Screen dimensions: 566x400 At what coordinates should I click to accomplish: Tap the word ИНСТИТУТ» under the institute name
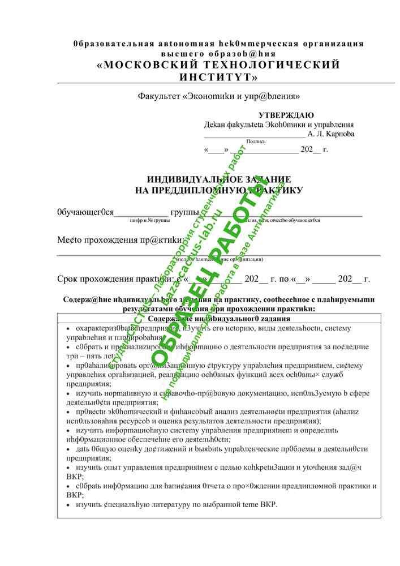pos(218,76)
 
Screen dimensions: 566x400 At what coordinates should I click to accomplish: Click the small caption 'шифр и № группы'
pos(150,220)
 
